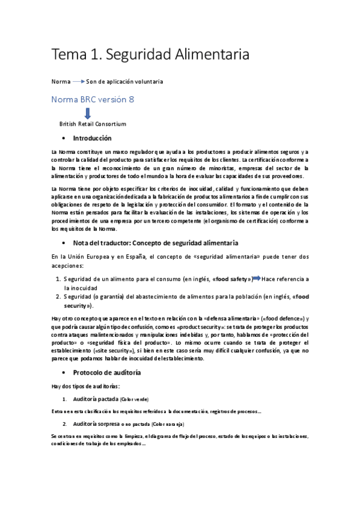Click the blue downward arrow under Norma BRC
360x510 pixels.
tap(87, 112)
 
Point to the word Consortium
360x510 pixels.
tap(109, 124)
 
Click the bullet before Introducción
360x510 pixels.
tap(64, 139)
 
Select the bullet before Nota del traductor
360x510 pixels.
tap(64, 242)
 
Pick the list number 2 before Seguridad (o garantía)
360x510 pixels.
tap(58, 296)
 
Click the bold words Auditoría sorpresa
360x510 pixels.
tap(96, 423)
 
